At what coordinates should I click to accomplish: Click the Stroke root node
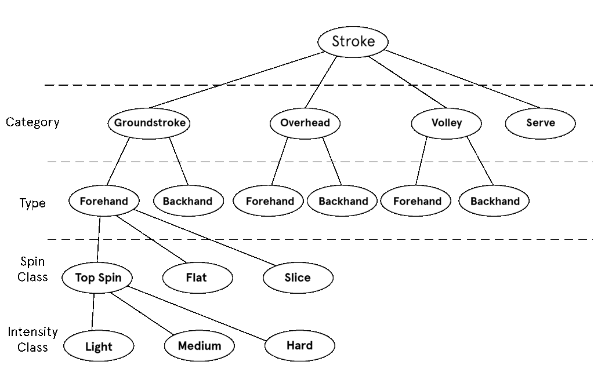pos(353,41)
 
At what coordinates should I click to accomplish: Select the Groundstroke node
pos(150,123)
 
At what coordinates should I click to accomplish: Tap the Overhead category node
pos(305,123)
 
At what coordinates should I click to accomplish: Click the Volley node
pos(446,123)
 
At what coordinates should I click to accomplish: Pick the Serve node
pos(540,123)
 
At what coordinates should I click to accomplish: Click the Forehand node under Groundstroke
pos(104,201)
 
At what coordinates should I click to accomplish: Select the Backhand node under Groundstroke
pos(187,202)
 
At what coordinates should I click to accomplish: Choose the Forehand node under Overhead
pos(270,202)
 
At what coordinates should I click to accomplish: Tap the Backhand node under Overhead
pos(343,202)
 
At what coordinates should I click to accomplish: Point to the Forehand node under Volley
pos(417,202)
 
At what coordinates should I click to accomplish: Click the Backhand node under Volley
pos(494,202)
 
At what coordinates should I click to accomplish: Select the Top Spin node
pos(98,278)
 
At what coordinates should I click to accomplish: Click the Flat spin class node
pos(197,278)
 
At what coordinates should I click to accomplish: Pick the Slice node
pos(298,278)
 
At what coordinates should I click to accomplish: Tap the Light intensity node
pos(99,347)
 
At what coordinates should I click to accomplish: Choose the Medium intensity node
pos(199,346)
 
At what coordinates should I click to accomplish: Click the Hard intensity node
pos(299,346)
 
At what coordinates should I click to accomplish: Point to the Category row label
pos(32,122)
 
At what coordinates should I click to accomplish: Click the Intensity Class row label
pos(32,340)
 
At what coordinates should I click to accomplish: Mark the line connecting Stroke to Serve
pos(462,79)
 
